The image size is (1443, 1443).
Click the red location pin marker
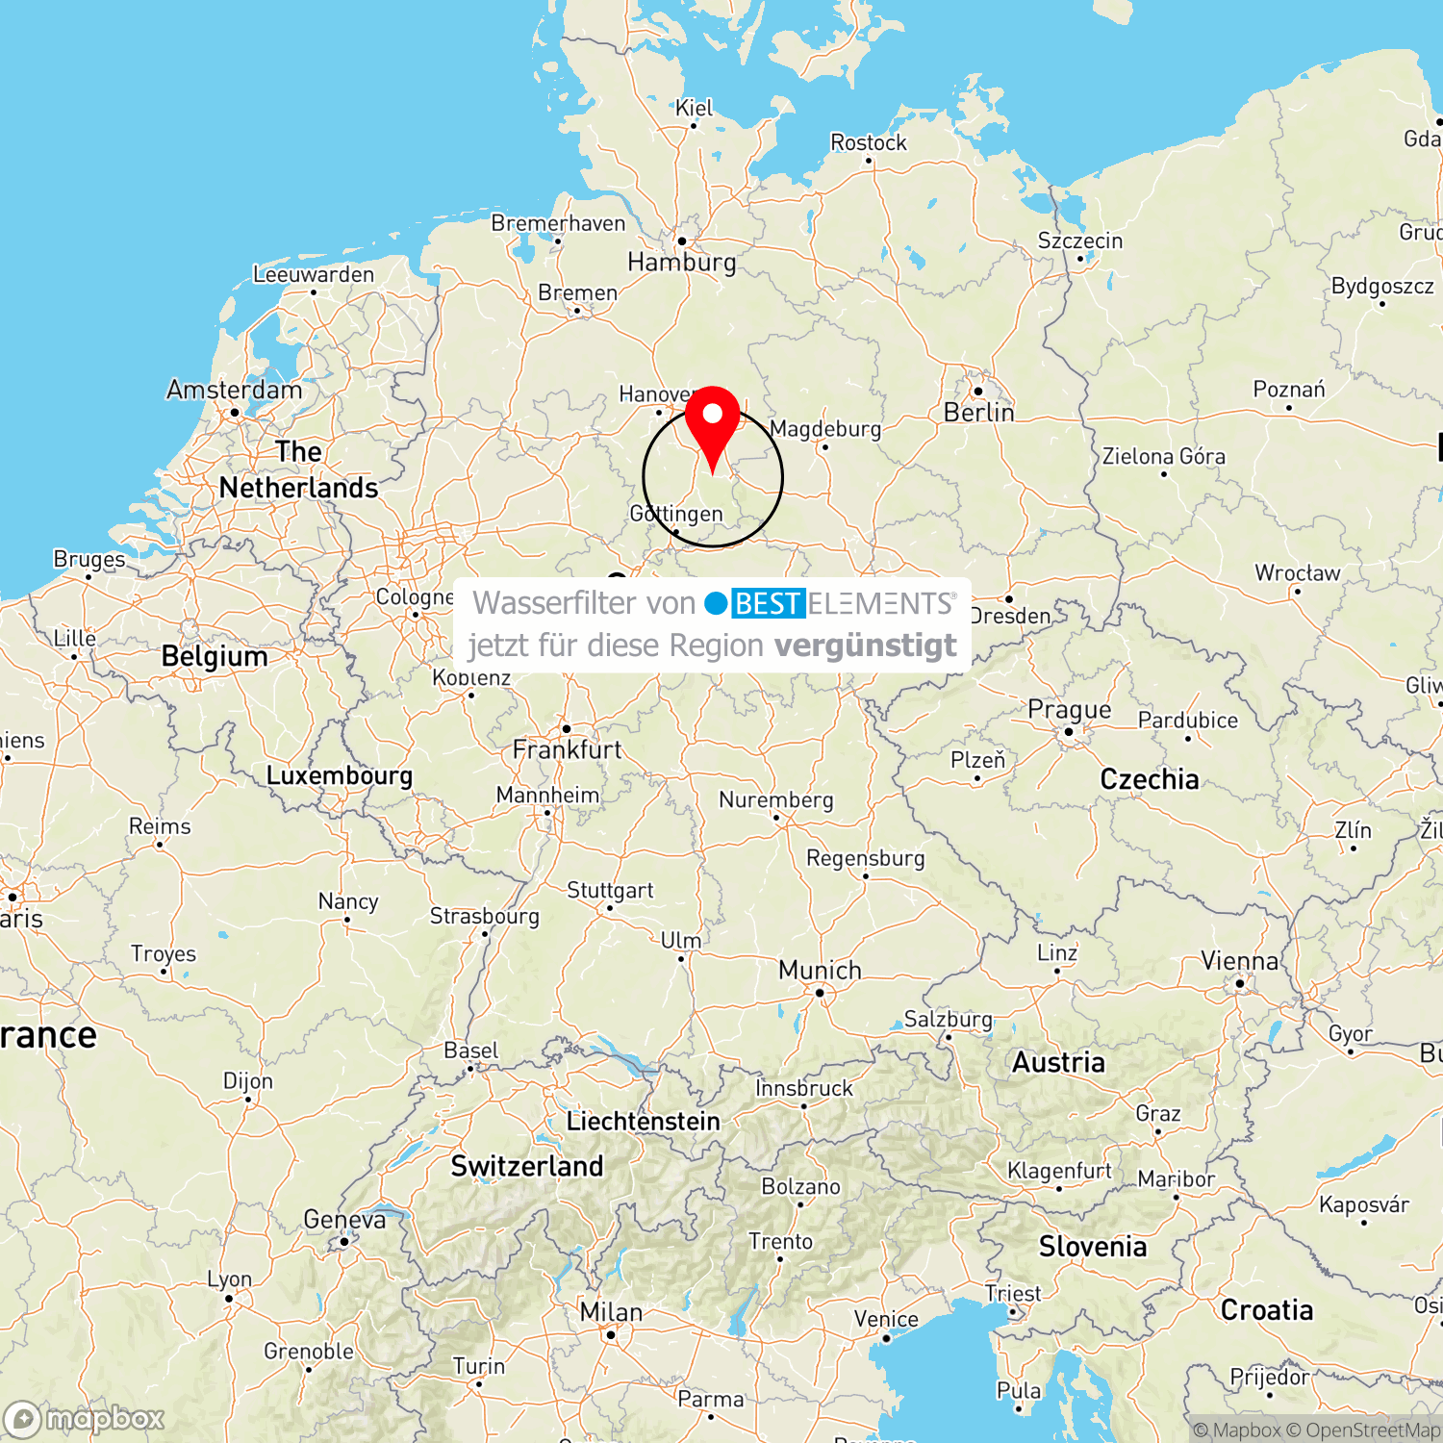point(712,423)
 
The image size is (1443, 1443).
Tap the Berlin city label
point(978,413)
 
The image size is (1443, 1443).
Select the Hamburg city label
point(681,262)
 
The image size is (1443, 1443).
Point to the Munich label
point(820,970)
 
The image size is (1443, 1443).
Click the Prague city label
point(1069,710)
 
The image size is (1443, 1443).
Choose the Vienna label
point(1239,961)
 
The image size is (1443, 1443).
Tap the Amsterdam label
point(234,390)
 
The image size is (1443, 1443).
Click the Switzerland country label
point(527,1166)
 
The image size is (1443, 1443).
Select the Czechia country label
point(1150,779)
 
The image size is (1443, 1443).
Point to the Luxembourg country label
point(339,775)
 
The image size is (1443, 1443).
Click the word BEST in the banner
point(768,603)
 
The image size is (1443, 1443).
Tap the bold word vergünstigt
point(865,646)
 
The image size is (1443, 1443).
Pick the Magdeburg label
point(825,429)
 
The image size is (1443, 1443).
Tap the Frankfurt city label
point(567,749)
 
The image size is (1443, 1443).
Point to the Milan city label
point(611,1312)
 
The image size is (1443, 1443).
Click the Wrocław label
point(1297,573)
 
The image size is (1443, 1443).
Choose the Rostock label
point(868,142)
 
